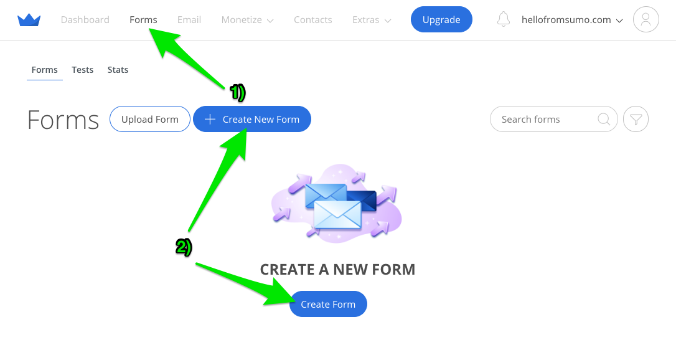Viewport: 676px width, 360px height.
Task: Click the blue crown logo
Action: [x=29, y=20]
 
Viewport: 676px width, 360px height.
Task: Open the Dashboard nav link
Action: [x=85, y=20]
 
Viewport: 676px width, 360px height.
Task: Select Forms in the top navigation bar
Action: [x=143, y=20]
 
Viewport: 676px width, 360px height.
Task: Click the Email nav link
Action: [x=189, y=20]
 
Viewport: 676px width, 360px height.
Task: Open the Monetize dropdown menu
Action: [x=247, y=20]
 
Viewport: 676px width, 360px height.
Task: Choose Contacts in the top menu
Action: [x=312, y=20]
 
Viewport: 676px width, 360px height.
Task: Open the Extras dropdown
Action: [x=371, y=20]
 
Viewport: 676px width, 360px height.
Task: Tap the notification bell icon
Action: [x=504, y=20]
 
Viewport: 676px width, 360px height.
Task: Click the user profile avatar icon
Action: [x=645, y=20]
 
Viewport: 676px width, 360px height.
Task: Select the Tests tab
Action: [x=82, y=70]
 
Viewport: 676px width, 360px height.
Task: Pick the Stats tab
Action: [x=118, y=70]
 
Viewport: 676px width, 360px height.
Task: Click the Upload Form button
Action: [x=150, y=119]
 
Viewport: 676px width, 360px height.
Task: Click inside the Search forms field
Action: [x=542, y=119]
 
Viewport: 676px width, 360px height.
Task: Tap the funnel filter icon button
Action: [x=636, y=119]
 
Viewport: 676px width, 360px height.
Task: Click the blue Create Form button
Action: [x=328, y=304]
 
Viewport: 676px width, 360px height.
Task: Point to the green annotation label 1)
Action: [x=238, y=93]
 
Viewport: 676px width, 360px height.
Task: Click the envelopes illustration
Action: [x=337, y=202]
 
